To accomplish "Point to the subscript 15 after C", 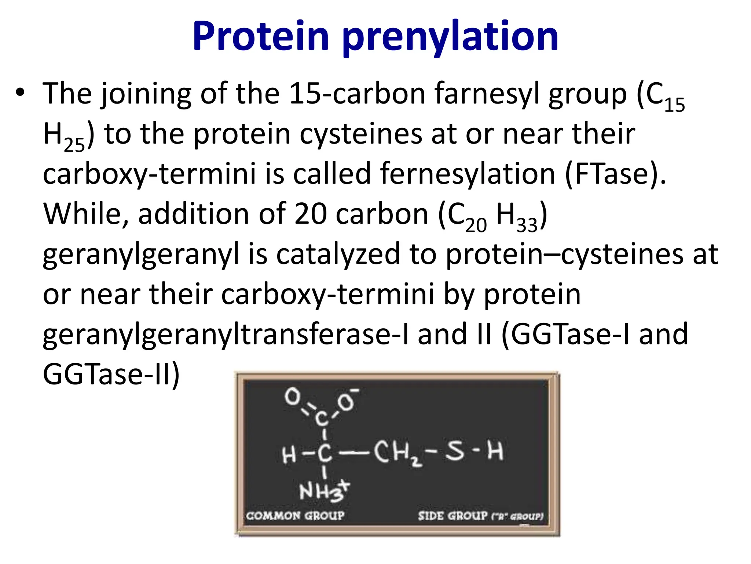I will pyautogui.click(x=674, y=105).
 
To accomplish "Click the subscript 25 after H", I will pyautogui.click(x=74, y=145).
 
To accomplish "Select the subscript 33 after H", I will pyautogui.click(x=527, y=225).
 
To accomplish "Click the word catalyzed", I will pyautogui.click(x=338, y=254).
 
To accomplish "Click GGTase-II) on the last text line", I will pyautogui.click(x=111, y=375).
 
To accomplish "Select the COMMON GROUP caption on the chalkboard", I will pyautogui.click(x=295, y=516).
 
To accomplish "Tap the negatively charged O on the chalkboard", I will pyautogui.click(x=347, y=402).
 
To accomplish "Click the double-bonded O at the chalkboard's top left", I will pyautogui.click(x=292, y=397).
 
